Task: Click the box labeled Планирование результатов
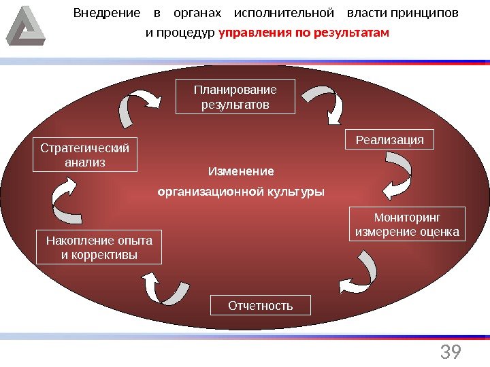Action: click(x=235, y=97)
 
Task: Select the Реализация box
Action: click(x=389, y=140)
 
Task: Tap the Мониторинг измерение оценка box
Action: click(x=407, y=225)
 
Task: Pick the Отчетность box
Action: click(x=260, y=305)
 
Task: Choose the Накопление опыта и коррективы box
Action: click(x=99, y=247)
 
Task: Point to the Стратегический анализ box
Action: click(x=85, y=155)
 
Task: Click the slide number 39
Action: click(x=451, y=352)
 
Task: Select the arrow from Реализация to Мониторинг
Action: click(x=397, y=174)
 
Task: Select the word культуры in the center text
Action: click(x=299, y=192)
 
